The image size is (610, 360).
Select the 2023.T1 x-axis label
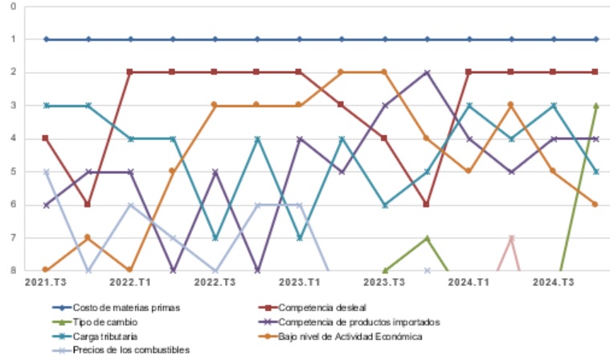pyautogui.click(x=300, y=282)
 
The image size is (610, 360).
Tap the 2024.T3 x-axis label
pyautogui.click(x=554, y=282)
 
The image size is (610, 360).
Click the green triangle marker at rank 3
pyautogui.click(x=596, y=105)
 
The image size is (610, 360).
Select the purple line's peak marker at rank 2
pyautogui.click(x=427, y=72)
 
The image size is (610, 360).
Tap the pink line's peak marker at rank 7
pyautogui.click(x=511, y=238)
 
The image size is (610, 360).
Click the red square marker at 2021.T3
pyautogui.click(x=46, y=138)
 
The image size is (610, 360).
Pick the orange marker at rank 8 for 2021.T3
pyautogui.click(x=46, y=270)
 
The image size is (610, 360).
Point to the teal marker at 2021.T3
pyautogui.click(x=46, y=105)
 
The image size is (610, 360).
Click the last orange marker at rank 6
pyautogui.click(x=596, y=204)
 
